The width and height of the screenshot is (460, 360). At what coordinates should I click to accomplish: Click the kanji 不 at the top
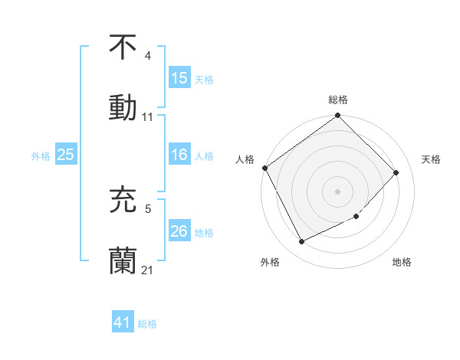123,47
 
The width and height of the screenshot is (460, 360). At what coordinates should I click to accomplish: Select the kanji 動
123,106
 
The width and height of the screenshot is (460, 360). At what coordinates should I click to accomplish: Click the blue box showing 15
179,78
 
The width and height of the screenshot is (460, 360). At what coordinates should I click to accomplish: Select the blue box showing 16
179,155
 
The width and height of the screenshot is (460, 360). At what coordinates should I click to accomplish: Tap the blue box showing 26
179,231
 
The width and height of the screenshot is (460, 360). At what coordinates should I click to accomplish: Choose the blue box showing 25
65,155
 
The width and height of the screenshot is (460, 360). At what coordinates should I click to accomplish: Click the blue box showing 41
123,322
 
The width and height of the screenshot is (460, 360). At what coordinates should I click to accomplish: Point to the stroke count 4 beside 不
147,56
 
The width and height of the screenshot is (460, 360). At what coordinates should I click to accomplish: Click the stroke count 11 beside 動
148,117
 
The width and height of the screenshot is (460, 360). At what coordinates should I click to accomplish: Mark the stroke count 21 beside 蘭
148,270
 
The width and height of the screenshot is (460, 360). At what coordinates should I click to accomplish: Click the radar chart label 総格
338,100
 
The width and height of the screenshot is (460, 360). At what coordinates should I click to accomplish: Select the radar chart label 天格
431,159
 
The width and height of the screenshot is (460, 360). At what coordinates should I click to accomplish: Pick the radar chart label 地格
402,263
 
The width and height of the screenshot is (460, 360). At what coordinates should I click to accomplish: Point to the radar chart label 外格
269,263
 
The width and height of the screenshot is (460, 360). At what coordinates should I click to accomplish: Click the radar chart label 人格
245,159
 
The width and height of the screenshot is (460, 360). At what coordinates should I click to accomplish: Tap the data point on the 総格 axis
338,116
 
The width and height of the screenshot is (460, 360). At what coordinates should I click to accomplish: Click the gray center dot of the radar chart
337,191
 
